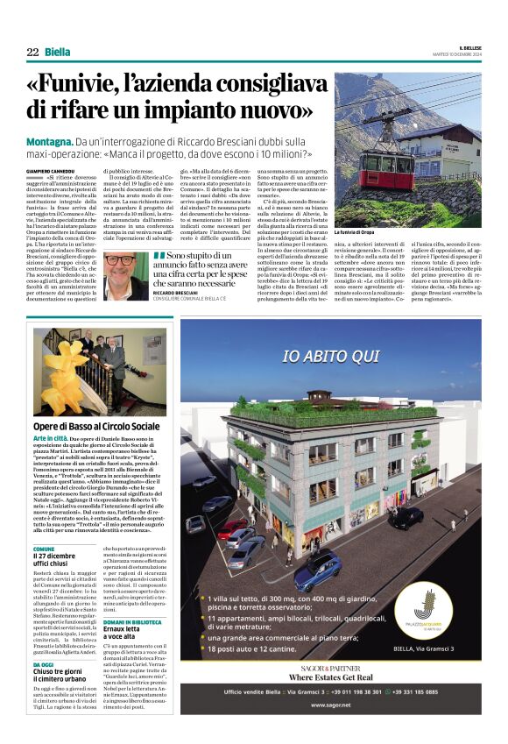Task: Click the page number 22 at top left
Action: tap(33, 53)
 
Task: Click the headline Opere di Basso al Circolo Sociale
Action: tap(96, 426)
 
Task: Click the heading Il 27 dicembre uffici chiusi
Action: tap(56, 559)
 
